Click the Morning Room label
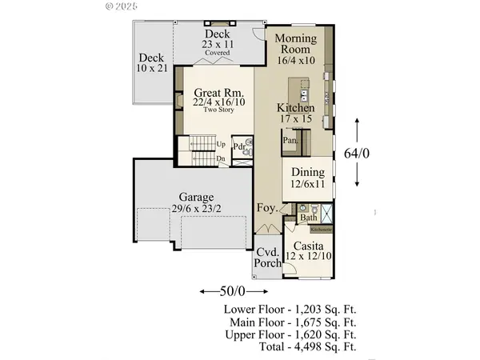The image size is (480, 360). coord(297,49)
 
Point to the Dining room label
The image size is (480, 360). coord(308,178)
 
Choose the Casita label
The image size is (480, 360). coord(307,250)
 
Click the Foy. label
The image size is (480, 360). coord(266,209)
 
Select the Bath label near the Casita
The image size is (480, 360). coord(310,217)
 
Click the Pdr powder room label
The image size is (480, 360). coord(238,146)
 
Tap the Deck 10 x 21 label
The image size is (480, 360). coord(151,63)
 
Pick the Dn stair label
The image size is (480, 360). coord(220,158)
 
